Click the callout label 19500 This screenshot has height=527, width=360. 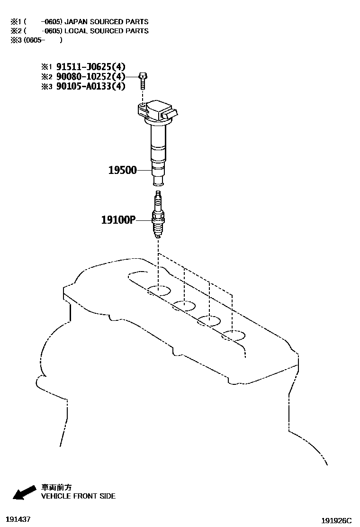(x=122, y=170)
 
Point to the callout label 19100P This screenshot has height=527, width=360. (x=118, y=220)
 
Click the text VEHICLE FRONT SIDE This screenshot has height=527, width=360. (x=78, y=496)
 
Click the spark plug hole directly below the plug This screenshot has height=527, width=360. (x=158, y=291)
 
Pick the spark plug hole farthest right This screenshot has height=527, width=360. (x=234, y=336)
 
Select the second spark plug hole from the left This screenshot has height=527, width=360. (x=184, y=306)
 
